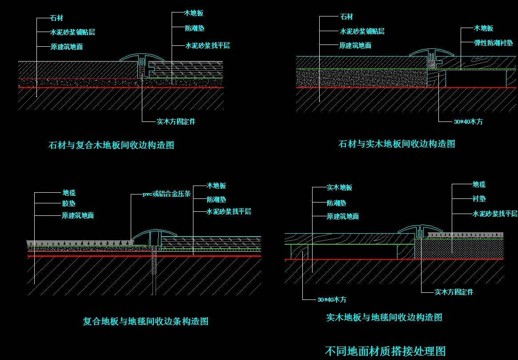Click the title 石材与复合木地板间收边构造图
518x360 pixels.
point(111,145)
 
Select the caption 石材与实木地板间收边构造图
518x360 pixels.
point(397,144)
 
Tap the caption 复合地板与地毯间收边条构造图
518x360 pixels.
point(146,321)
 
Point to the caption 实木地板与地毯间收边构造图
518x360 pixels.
point(384,317)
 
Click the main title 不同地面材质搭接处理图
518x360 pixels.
point(385,351)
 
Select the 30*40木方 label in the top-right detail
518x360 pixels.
point(468,121)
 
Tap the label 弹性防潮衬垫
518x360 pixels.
point(493,43)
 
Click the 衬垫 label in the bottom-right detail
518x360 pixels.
point(479,199)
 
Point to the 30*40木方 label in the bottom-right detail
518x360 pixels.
point(332,299)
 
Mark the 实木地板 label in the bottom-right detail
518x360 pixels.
point(339,188)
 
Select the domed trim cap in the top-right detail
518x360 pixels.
point(431,53)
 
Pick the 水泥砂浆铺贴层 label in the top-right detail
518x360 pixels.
point(362,31)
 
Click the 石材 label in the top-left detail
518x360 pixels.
point(56,18)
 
